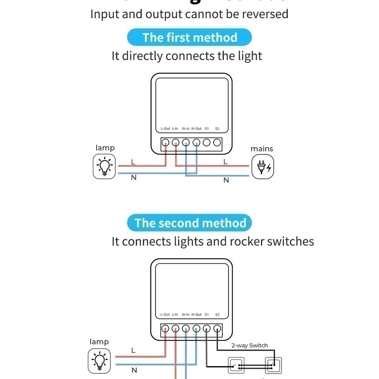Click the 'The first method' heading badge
tap(189, 38)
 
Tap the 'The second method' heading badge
tap(189, 223)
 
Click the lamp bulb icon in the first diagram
tap(105, 166)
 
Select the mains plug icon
tap(263, 167)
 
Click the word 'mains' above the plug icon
tap(262, 149)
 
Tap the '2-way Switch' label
tap(250, 345)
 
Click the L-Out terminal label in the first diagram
tap(165, 129)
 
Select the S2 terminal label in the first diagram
tap(217, 129)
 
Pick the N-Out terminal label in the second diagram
tap(196, 315)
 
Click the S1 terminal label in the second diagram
tap(206, 315)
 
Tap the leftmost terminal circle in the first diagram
tap(166, 143)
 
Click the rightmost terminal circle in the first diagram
tap(217, 143)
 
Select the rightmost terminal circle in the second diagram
tap(217, 328)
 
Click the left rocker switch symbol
tap(236, 365)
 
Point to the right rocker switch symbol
tap(273, 365)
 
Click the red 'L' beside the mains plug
tap(225, 161)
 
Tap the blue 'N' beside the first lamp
tap(133, 178)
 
